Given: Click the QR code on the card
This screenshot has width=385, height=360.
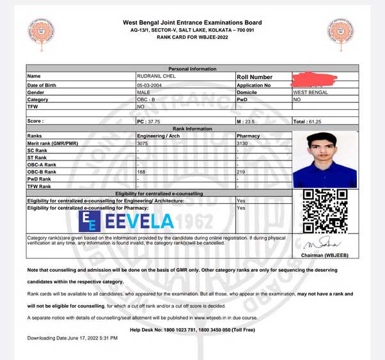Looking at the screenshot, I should tap(324, 211).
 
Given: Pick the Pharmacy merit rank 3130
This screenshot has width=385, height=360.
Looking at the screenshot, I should tap(242, 143).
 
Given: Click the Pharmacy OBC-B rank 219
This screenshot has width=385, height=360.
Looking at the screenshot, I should tap(241, 171).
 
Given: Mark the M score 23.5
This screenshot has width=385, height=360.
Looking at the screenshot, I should tap(246, 121).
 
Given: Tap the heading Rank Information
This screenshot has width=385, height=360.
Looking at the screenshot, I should tap(192, 129).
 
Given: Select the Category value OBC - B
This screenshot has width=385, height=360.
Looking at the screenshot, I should tap(146, 100).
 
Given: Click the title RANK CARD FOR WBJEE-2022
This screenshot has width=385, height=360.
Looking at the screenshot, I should tap(192, 38).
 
